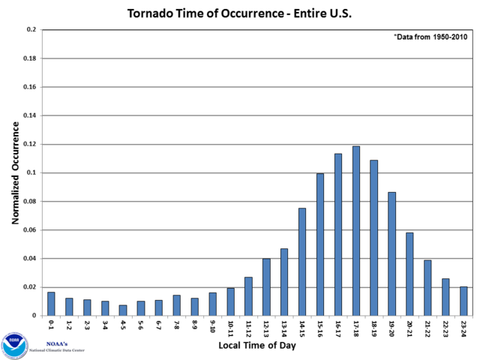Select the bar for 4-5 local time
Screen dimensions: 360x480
pyautogui.click(x=123, y=310)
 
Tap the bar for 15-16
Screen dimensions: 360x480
pyautogui.click(x=320, y=244)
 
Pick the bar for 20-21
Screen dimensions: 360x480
pyautogui.click(x=409, y=274)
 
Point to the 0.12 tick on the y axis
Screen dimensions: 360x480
pyautogui.click(x=27, y=144)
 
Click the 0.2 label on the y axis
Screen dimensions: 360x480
pyautogui.click(x=30, y=30)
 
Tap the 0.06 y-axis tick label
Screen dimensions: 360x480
pyautogui.click(x=27, y=230)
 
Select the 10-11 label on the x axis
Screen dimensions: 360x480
pyautogui.click(x=231, y=328)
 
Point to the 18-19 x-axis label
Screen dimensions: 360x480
pyautogui.click(x=374, y=328)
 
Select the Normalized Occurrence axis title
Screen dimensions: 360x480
pyautogui.click(x=14, y=172)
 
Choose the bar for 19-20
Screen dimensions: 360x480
pyautogui.click(x=391, y=254)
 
